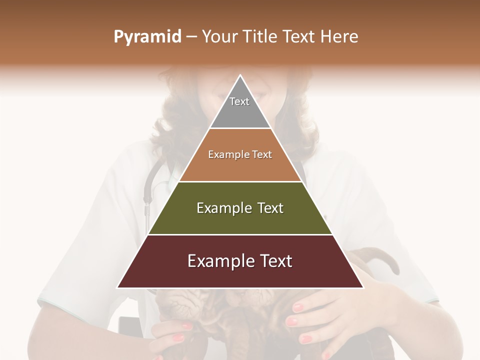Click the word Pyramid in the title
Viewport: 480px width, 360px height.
147,37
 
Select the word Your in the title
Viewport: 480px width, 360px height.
218,37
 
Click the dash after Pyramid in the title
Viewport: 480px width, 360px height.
191,37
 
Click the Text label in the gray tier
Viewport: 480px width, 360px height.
239,101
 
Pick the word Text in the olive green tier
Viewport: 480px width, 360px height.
270,208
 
